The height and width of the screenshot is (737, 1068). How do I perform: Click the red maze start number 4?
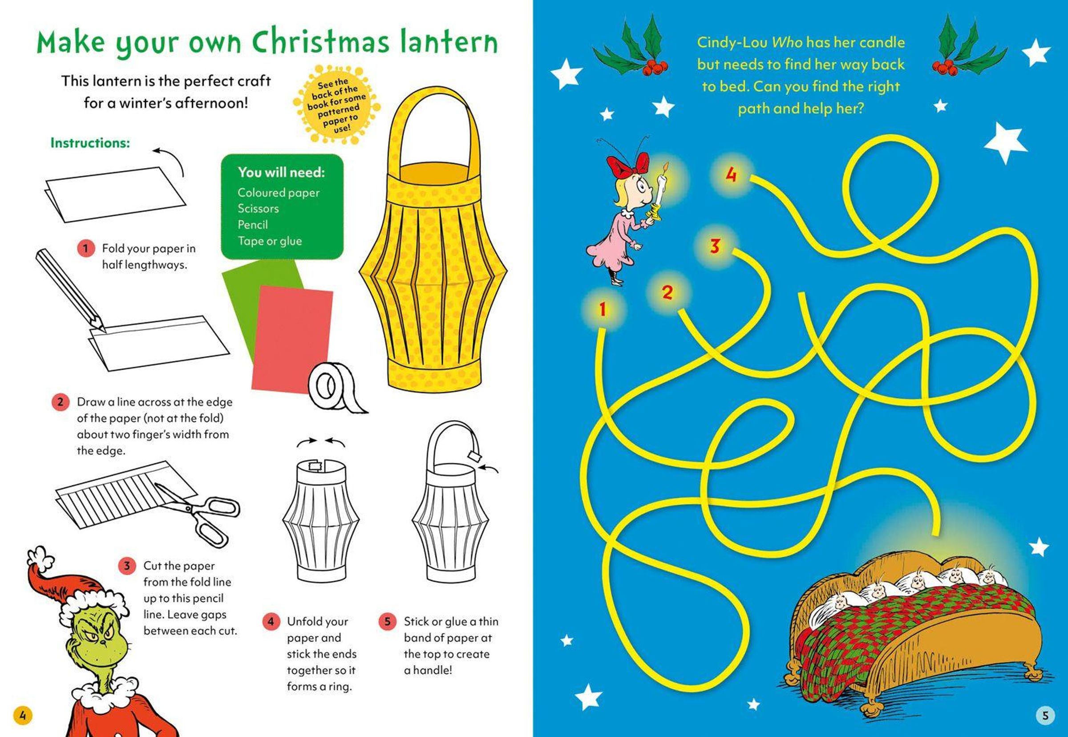[x=731, y=175]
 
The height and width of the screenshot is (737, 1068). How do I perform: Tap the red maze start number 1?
[x=602, y=309]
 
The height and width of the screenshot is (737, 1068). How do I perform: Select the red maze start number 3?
[x=715, y=246]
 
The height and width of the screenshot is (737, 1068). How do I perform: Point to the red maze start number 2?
[x=667, y=292]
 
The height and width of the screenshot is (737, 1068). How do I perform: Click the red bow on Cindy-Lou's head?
[x=627, y=166]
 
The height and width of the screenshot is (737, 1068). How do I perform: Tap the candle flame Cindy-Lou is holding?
[x=665, y=167]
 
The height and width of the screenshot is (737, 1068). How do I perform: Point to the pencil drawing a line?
[x=71, y=291]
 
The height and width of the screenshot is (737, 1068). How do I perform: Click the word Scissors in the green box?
[x=258, y=209]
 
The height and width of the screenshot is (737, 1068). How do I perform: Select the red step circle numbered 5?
[x=387, y=622]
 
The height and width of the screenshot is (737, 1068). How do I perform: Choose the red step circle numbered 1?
[x=85, y=248]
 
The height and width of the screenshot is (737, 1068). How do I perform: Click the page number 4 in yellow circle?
[x=23, y=716]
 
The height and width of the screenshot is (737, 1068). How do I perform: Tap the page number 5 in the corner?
[x=1045, y=716]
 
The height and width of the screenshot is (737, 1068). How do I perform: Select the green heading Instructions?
[x=90, y=143]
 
